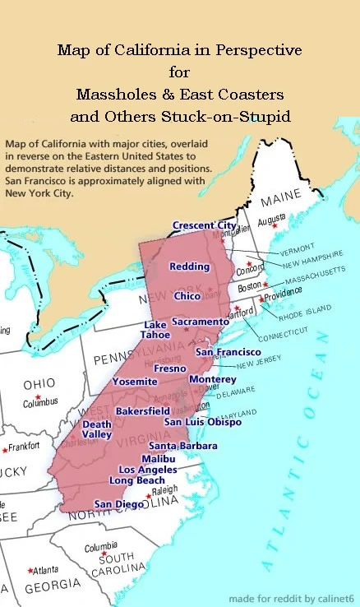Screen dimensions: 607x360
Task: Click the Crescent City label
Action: pyautogui.click(x=204, y=225)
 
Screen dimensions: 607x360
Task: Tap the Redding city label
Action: pyautogui.click(x=189, y=266)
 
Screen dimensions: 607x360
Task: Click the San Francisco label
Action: pyautogui.click(x=228, y=352)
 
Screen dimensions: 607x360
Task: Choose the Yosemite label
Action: pyautogui.click(x=135, y=382)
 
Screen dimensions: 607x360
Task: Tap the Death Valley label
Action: pyautogui.click(x=97, y=429)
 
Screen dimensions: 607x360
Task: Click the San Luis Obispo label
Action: pyautogui.click(x=202, y=422)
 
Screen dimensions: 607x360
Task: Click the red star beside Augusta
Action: pyautogui.click(x=275, y=225)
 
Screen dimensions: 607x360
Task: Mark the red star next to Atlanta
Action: pyautogui.click(x=30, y=570)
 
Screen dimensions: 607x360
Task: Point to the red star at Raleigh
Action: pyautogui.click(x=148, y=497)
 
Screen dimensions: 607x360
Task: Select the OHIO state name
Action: pyautogui.click(x=39, y=384)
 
